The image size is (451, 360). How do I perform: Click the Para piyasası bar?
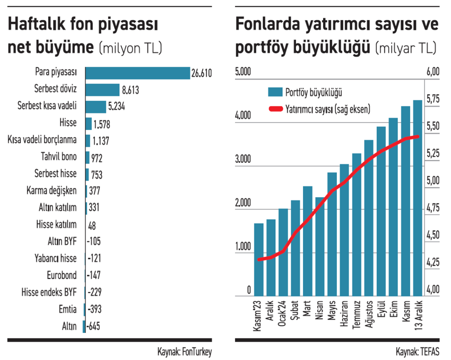137,73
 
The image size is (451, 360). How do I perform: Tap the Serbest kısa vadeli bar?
96,107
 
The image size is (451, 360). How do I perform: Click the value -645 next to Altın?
93,326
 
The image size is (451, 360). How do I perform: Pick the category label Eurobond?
62,275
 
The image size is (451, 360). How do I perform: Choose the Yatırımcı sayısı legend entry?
318,109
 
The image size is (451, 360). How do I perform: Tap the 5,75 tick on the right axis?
433,99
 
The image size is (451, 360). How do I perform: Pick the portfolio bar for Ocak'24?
283,252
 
